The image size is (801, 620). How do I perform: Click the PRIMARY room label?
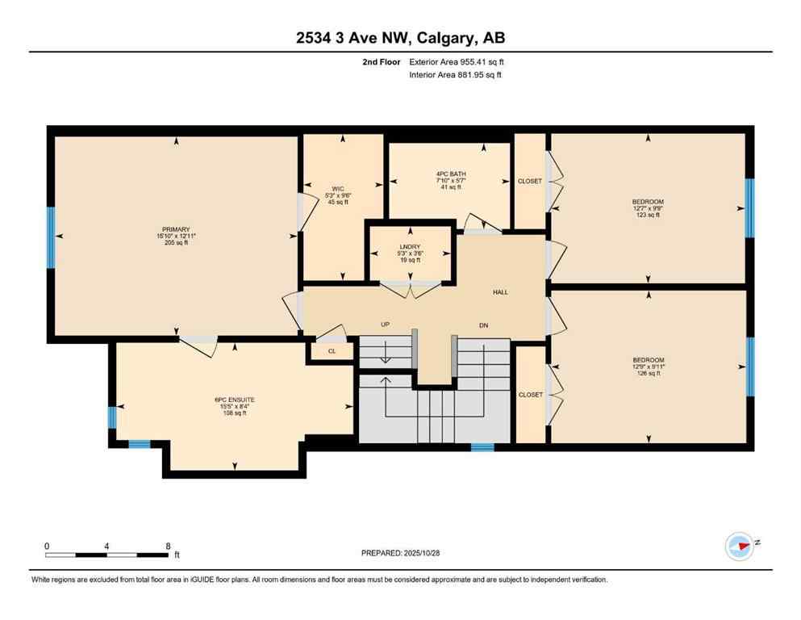tap(173, 229)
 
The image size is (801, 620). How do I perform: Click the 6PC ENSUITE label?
tap(234, 400)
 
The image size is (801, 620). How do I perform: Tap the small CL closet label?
tap(332, 352)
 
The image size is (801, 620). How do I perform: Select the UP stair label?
tap(386, 325)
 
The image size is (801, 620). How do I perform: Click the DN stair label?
tap(483, 325)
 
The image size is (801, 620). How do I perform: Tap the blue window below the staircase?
tap(482, 446)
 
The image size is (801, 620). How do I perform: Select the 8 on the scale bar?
tap(168, 545)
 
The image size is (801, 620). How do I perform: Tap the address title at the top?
tap(400, 37)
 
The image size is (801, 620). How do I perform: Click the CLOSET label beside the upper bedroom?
tap(530, 182)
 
